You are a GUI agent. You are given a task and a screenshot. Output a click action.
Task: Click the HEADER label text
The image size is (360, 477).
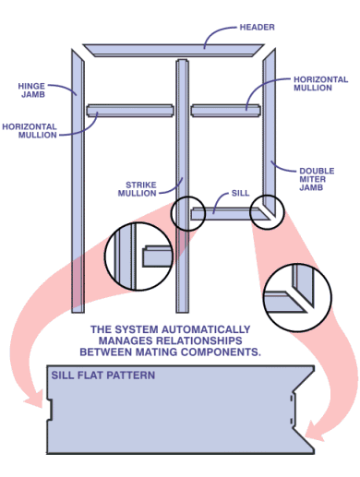pyautogui.click(x=257, y=27)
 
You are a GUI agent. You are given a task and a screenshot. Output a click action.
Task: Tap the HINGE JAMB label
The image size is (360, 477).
pyautogui.click(x=31, y=90)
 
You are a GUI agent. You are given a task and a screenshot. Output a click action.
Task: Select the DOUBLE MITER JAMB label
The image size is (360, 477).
pyautogui.click(x=317, y=179)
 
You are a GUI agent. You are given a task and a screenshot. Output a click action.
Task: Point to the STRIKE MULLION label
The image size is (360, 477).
pyautogui.click(x=138, y=189)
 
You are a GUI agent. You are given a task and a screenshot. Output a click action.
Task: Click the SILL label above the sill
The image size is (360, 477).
pyautogui.click(x=240, y=193)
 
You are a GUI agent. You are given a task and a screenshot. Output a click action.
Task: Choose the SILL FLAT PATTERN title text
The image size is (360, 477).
pyautogui.click(x=103, y=376)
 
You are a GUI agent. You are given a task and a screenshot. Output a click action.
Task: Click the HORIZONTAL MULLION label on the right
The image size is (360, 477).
pyautogui.click(x=320, y=84)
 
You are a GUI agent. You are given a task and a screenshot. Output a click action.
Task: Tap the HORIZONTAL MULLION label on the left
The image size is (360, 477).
pyautogui.click(x=30, y=131)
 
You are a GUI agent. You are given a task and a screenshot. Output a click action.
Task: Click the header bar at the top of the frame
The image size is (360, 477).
pyautogui.click(x=174, y=50)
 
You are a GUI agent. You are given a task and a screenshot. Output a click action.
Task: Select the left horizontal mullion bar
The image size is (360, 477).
pyautogui.click(x=130, y=111)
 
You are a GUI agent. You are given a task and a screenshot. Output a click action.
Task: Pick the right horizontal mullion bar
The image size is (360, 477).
pyautogui.click(x=225, y=111)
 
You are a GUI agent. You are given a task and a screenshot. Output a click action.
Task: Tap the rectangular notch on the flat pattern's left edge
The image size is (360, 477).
pyautogui.click(x=49, y=410)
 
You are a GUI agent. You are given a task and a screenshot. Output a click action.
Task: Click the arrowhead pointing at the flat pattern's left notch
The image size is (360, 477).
pyautogui.click(x=34, y=399)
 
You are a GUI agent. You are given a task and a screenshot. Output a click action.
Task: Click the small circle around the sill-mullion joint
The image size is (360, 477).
pyautogui.click(x=188, y=197)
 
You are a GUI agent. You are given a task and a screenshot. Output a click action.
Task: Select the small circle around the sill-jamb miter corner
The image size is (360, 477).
pyautogui.click(x=267, y=196)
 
